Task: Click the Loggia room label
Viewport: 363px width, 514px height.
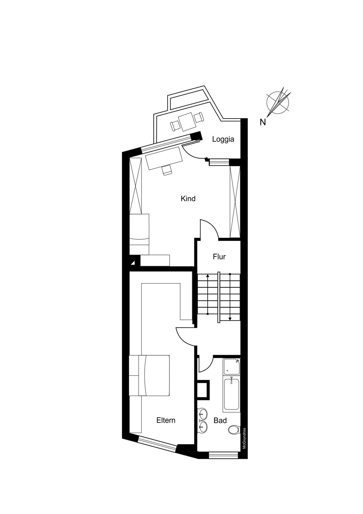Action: pyautogui.click(x=223, y=139)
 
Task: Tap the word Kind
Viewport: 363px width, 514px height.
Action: pyautogui.click(x=188, y=199)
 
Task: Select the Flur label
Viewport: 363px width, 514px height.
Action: pyautogui.click(x=219, y=257)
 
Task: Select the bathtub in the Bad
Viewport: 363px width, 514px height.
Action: pyautogui.click(x=231, y=394)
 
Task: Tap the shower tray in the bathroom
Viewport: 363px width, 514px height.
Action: pyautogui.click(x=232, y=366)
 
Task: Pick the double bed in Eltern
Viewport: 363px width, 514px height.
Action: pyautogui.click(x=149, y=375)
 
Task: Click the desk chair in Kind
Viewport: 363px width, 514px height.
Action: pyautogui.click(x=167, y=170)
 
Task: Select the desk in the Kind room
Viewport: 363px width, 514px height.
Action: pyautogui.click(x=164, y=158)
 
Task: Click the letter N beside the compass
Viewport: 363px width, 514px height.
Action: pyautogui.click(x=263, y=122)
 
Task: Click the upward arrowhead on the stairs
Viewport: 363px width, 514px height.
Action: pyautogui.click(x=208, y=275)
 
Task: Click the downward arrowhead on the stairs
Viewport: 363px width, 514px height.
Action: pyautogui.click(x=230, y=319)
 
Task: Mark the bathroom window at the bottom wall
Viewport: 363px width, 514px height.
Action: pyautogui.click(x=223, y=455)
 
